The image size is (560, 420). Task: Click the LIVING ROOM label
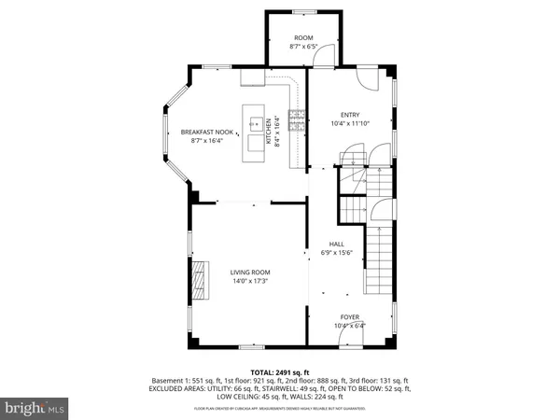(249, 272)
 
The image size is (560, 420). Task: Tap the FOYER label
(349, 317)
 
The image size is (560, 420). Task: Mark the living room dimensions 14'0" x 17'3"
(249, 281)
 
